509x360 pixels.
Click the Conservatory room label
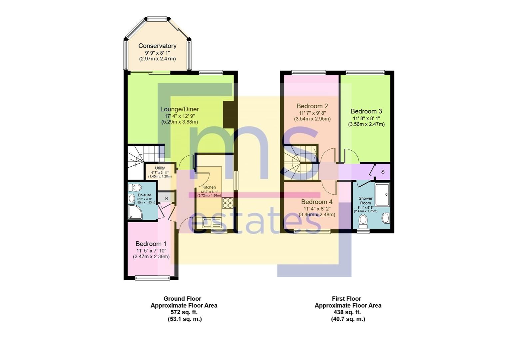157,46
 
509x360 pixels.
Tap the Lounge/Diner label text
180,109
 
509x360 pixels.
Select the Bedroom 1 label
151,244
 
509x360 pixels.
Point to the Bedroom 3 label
366,111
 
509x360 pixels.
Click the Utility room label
160,168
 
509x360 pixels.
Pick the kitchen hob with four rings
228,203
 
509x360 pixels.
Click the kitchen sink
209,223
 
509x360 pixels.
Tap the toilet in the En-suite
135,188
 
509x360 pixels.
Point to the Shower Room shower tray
382,195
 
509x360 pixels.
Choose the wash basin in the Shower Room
386,218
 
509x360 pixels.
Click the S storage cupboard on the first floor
383,172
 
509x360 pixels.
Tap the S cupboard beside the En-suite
166,198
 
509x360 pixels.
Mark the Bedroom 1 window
153,278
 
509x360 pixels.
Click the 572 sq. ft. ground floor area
184,312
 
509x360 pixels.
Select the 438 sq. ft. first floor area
348,312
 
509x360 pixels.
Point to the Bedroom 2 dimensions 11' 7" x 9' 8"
312,113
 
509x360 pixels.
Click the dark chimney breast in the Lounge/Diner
229,115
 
